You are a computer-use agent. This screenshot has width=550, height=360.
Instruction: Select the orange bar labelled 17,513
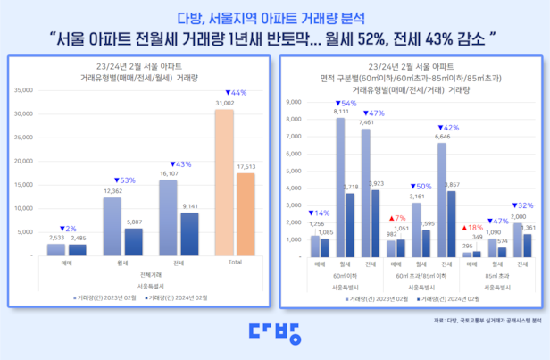click(x=245, y=214)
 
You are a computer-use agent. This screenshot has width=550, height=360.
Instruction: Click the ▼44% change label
click(x=237, y=93)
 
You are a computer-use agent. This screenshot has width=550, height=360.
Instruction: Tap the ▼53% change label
click(x=124, y=180)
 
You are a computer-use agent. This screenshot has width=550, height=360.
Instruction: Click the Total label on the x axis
click(x=235, y=264)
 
